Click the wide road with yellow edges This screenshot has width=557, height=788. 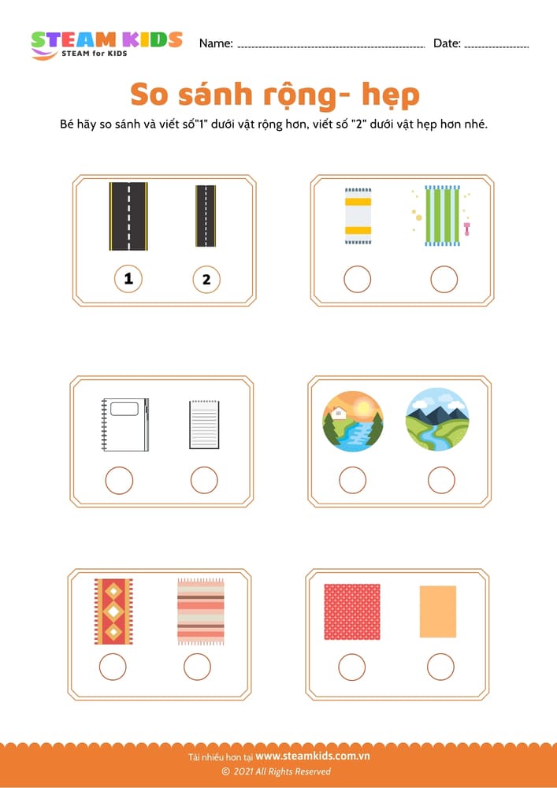pyautogui.click(x=128, y=216)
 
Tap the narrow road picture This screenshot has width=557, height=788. pyautogui.click(x=206, y=216)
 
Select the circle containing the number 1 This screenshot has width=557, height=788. pyautogui.click(x=128, y=279)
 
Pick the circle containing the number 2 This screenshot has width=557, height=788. pyautogui.click(x=206, y=280)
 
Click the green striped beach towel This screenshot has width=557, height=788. pyautogui.click(x=442, y=216)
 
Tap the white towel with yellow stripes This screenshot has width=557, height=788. pyautogui.click(x=358, y=216)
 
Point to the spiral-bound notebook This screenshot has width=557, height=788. pyautogui.click(x=125, y=425)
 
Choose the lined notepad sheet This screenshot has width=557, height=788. pyautogui.click(x=204, y=425)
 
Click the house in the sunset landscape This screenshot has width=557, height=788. pyautogui.click(x=338, y=413)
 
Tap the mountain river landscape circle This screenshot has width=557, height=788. pyautogui.click(x=437, y=419)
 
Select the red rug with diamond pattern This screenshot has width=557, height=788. pyautogui.click(x=113, y=611)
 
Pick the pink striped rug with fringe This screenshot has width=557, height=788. pyautogui.click(x=200, y=611)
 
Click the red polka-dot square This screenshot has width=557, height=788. pyautogui.click(x=352, y=611)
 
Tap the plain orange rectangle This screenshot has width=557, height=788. pyautogui.click(x=438, y=611)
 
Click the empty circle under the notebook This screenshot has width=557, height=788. pyautogui.click(x=119, y=481)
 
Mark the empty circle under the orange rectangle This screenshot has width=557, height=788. pyautogui.click(x=440, y=667)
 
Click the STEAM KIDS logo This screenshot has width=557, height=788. pyautogui.click(x=106, y=45)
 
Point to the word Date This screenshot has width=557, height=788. pyautogui.click(x=447, y=43)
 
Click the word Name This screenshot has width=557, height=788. pyautogui.click(x=216, y=43)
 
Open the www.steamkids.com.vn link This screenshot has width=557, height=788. pyautogui.click(x=313, y=756)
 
